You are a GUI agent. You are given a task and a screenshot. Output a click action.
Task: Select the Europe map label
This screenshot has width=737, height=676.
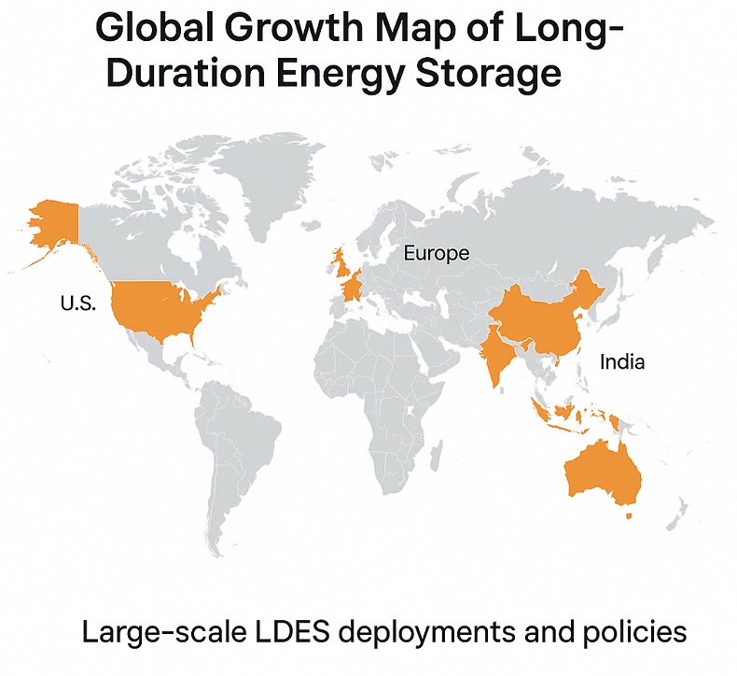436,253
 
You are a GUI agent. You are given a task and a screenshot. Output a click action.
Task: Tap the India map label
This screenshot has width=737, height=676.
621,361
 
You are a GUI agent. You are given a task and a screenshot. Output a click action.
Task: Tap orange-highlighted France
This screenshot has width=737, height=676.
353,284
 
